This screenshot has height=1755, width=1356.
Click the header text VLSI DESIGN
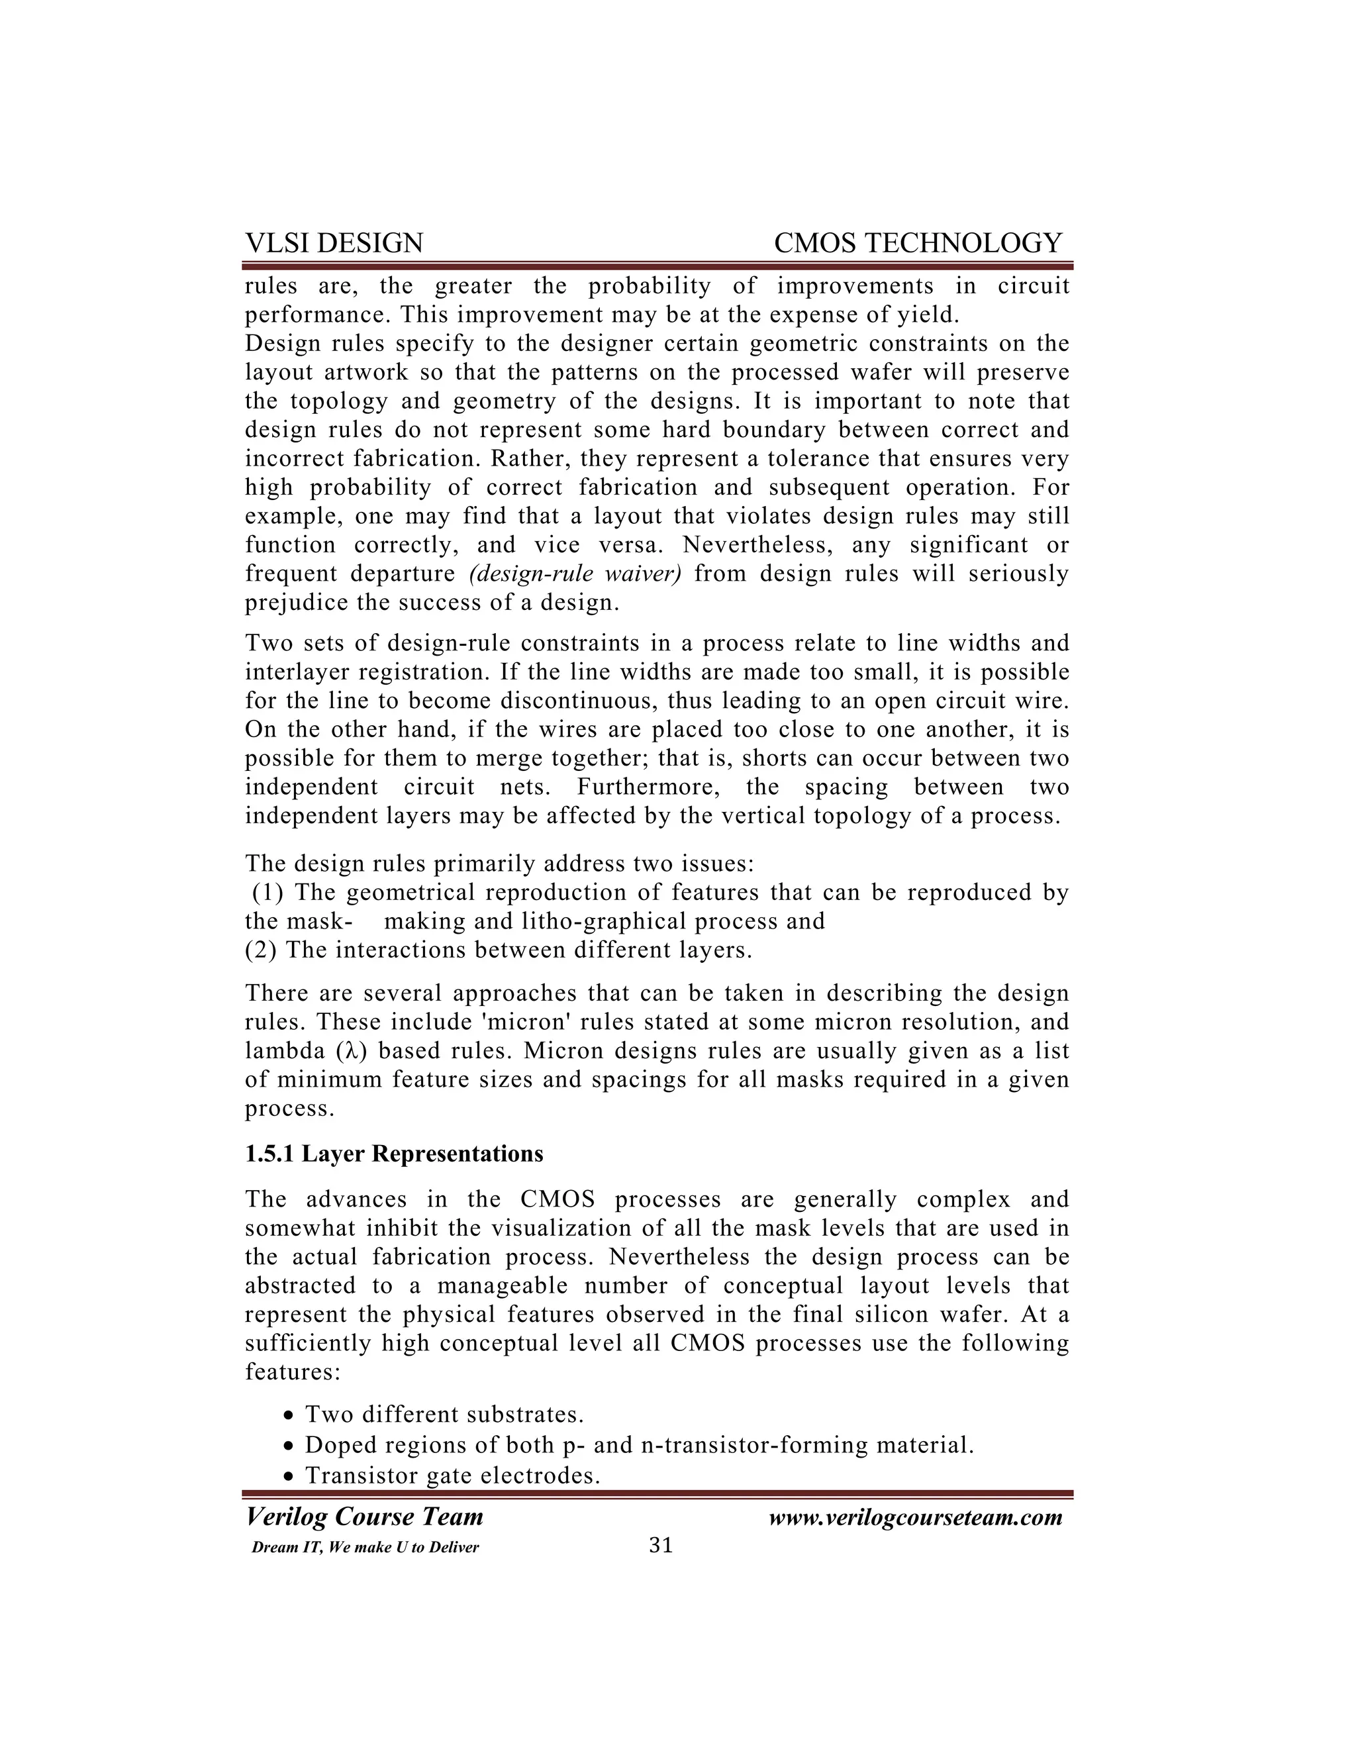click(334, 242)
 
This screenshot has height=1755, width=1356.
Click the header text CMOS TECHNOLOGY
click(918, 242)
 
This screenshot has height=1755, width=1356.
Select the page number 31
click(660, 1545)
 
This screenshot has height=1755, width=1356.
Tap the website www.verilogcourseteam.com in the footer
click(915, 1517)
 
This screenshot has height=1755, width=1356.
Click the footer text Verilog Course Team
click(364, 1517)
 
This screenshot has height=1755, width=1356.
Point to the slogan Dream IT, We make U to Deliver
click(365, 1548)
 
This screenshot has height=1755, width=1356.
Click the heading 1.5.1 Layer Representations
click(394, 1154)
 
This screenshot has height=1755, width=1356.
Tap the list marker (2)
click(262, 950)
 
